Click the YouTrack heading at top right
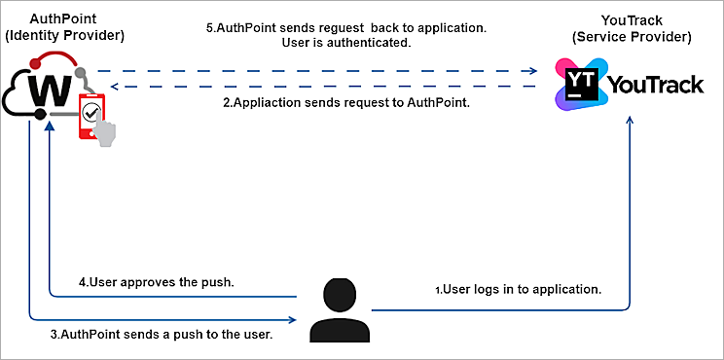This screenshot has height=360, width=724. click(632, 20)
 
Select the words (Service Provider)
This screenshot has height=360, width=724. click(632, 38)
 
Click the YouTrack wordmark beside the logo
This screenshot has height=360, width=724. click(656, 85)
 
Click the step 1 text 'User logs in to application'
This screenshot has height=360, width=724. click(518, 290)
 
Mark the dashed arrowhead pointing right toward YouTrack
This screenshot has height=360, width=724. click(531, 71)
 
